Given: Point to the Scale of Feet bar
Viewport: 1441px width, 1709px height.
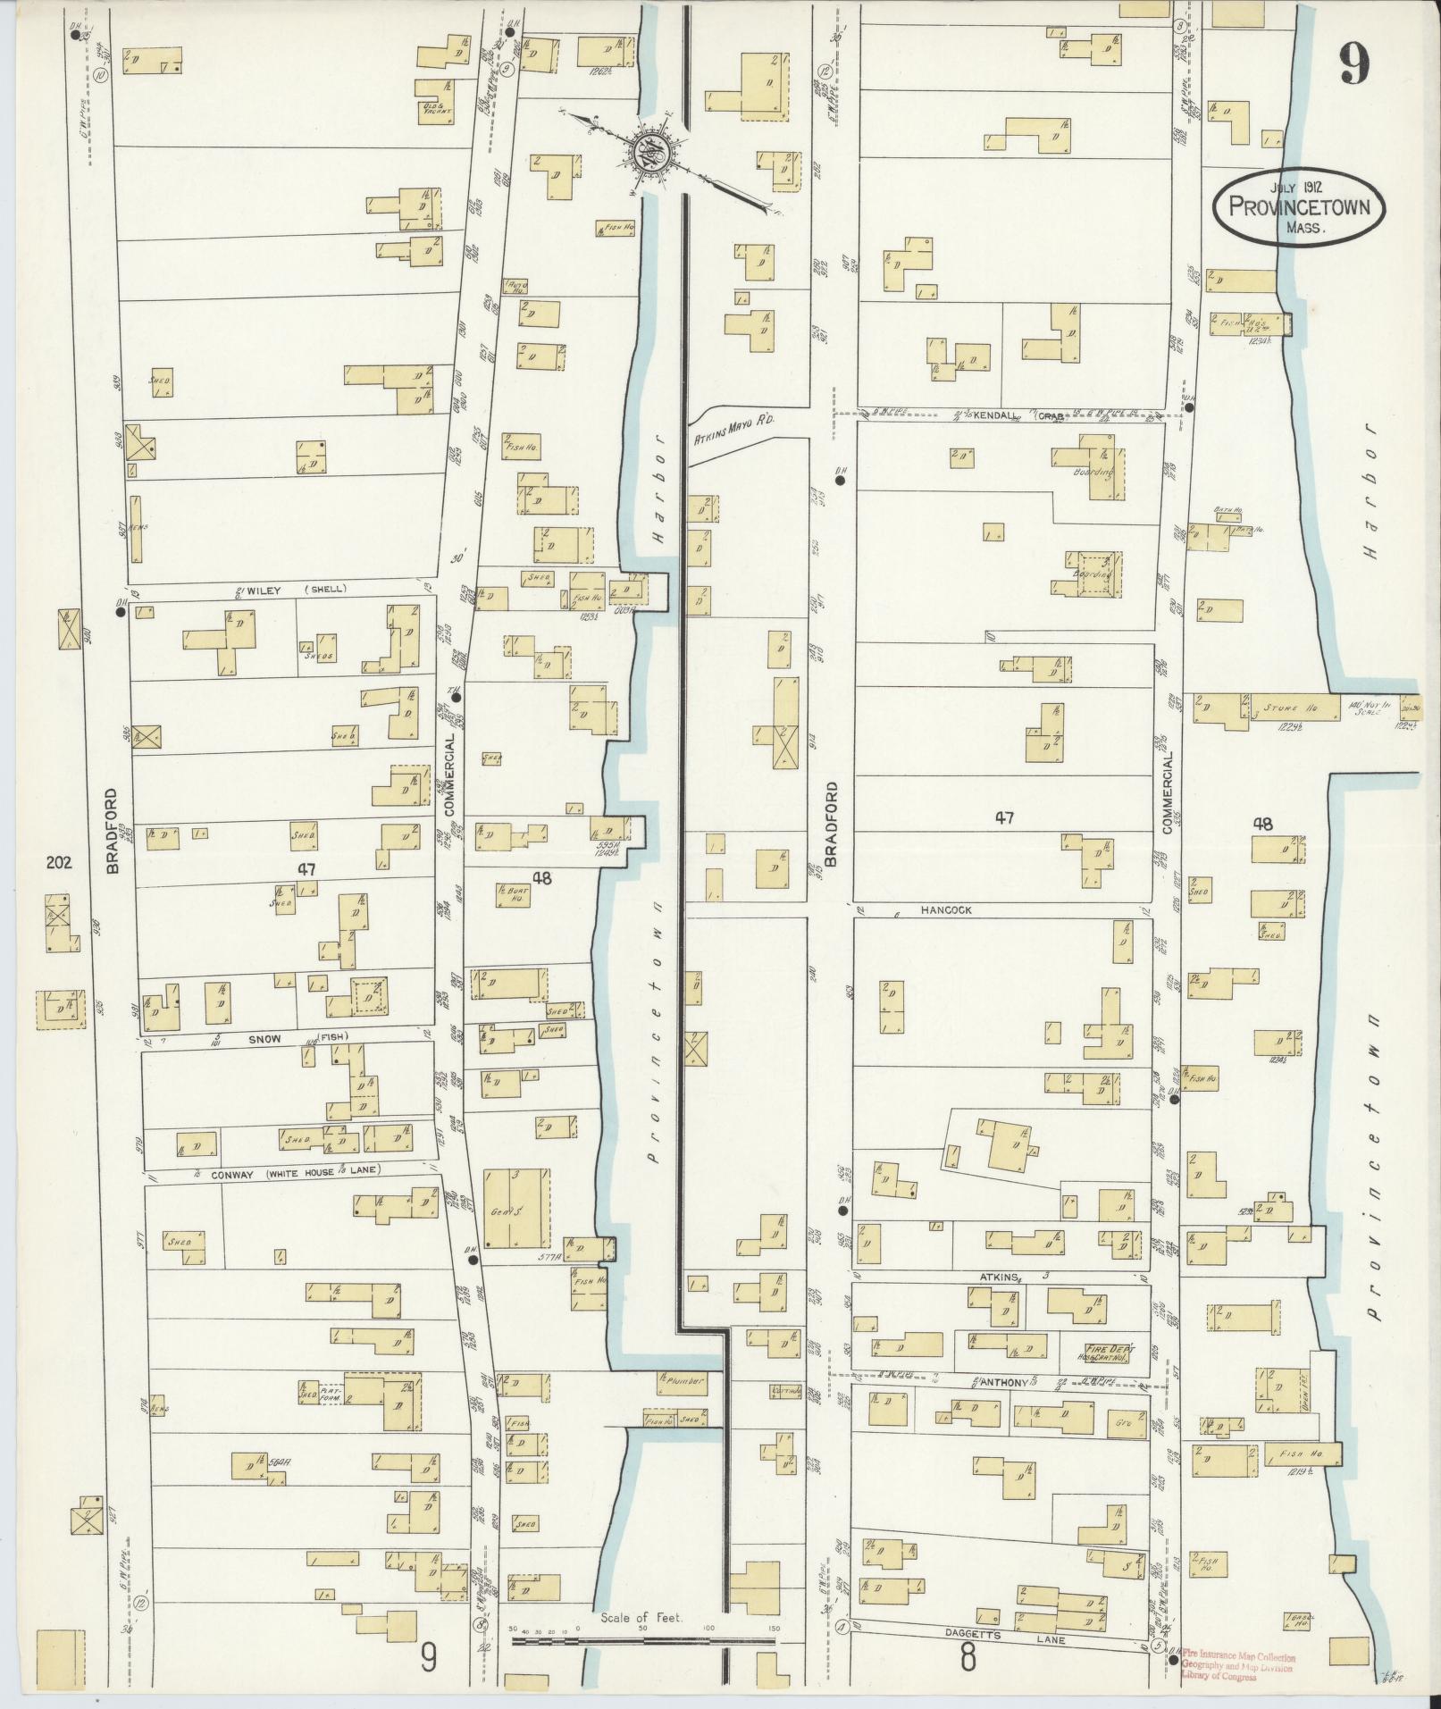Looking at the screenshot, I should pyautogui.click(x=641, y=1640).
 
